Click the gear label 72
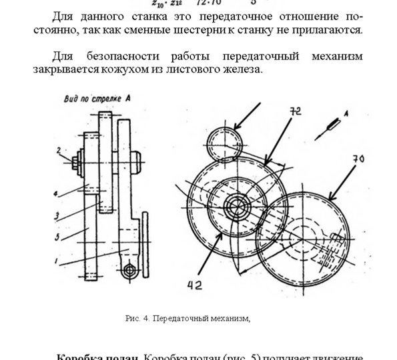pyautogui.click(x=295, y=111)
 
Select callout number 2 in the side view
pyautogui.click(x=59, y=150)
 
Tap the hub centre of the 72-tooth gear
pyautogui.click(x=236, y=204)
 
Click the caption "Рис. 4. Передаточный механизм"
pyautogui.click(x=187, y=319)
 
